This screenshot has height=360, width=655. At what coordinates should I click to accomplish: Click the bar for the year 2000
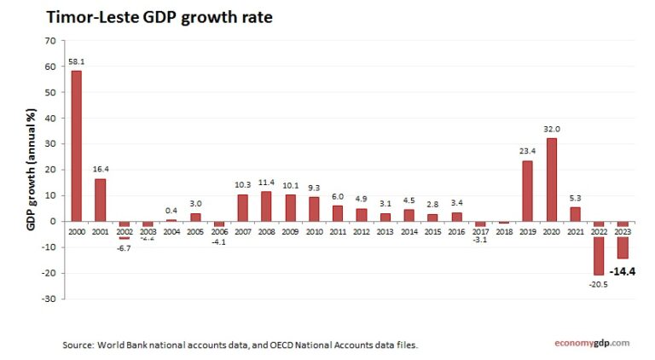pos(77,146)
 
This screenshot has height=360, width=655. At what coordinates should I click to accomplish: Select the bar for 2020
pos(552,180)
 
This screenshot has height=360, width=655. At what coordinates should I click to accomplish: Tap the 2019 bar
pos(528,191)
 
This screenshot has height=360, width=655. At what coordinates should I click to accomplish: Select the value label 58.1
pos(76,62)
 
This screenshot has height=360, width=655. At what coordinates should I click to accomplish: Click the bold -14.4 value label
pos(623,272)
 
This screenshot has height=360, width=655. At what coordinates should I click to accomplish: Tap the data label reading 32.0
pos(552,130)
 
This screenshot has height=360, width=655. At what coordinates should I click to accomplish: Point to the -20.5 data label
pos(599,283)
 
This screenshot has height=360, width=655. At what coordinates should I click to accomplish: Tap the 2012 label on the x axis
pos(362,233)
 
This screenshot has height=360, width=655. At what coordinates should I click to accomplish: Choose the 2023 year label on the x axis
pos(623,233)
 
